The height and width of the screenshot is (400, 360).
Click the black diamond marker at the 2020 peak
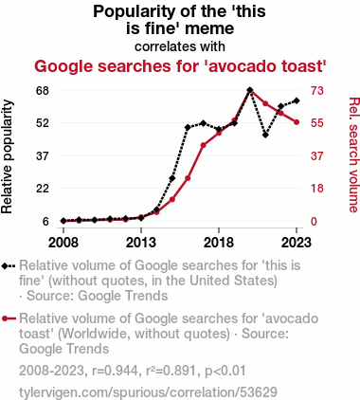click(x=250, y=90)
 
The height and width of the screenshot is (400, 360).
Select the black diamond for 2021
click(x=265, y=135)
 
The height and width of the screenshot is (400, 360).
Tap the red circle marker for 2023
click(x=297, y=122)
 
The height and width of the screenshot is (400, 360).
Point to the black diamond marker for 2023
click(x=297, y=100)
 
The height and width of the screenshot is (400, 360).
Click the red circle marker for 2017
click(x=204, y=145)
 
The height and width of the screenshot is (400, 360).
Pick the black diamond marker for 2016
click(x=188, y=127)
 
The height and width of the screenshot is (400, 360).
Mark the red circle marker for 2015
click(x=172, y=199)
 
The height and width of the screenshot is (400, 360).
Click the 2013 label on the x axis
click(x=141, y=243)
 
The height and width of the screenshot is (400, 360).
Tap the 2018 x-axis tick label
click(x=219, y=243)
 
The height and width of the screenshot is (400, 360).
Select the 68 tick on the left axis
click(x=43, y=91)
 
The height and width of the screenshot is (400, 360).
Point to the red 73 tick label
click(x=317, y=91)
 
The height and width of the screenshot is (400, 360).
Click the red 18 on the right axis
click(x=317, y=189)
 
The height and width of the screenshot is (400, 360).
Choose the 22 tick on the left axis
click(x=43, y=189)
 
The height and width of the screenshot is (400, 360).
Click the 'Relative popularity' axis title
click(x=7, y=156)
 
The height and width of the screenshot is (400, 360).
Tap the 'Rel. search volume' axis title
click(x=353, y=155)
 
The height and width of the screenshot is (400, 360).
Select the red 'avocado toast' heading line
click(x=180, y=66)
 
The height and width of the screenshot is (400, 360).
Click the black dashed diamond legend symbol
click(x=9, y=265)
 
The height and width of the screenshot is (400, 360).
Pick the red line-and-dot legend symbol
click(x=9, y=318)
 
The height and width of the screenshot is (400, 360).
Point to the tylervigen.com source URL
click(x=148, y=392)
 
